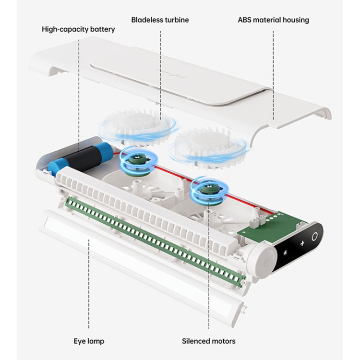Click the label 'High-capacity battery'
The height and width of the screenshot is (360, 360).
coord(78,29)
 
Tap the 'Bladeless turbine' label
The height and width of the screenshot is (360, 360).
coord(160,20)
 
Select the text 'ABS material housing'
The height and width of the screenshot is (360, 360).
coord(273,20)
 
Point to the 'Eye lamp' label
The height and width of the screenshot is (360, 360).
coord(89,341)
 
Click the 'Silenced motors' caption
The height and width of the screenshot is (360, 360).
coord(208,341)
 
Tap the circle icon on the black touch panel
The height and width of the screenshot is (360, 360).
coord(315,237)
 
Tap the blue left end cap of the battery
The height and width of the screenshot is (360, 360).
coord(55,166)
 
